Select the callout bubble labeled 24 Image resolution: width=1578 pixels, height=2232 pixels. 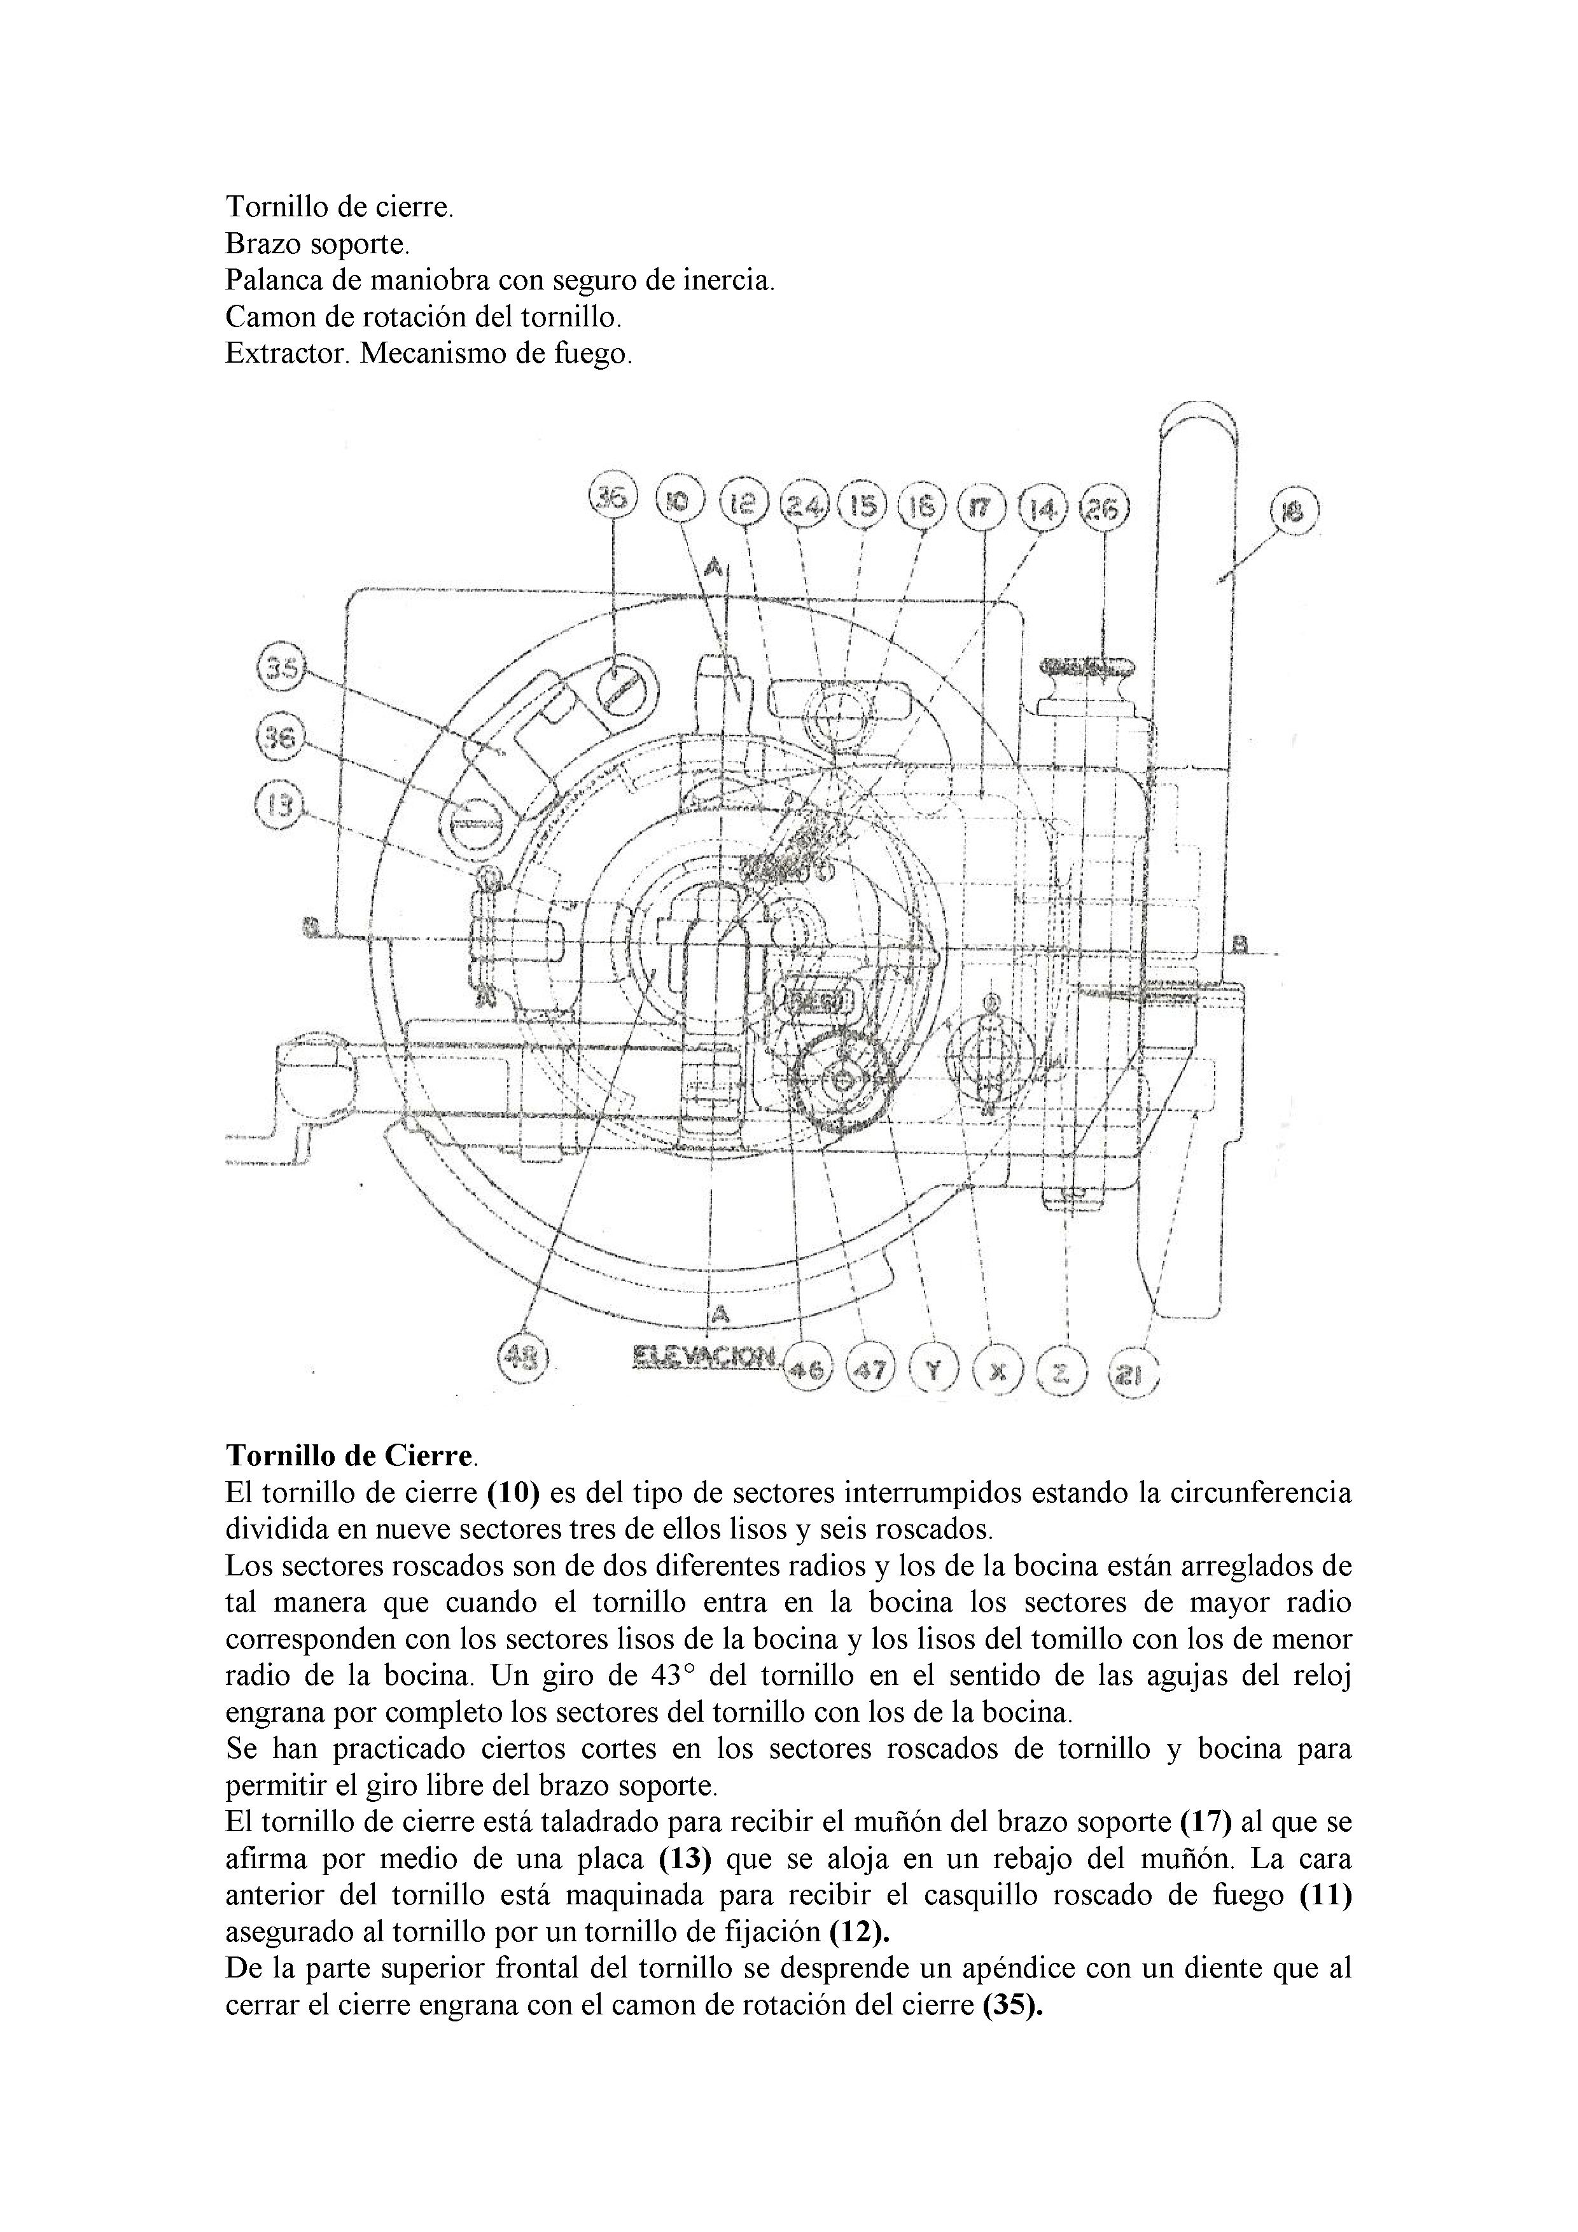[804, 505]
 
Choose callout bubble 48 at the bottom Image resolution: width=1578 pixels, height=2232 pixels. [523, 1356]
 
